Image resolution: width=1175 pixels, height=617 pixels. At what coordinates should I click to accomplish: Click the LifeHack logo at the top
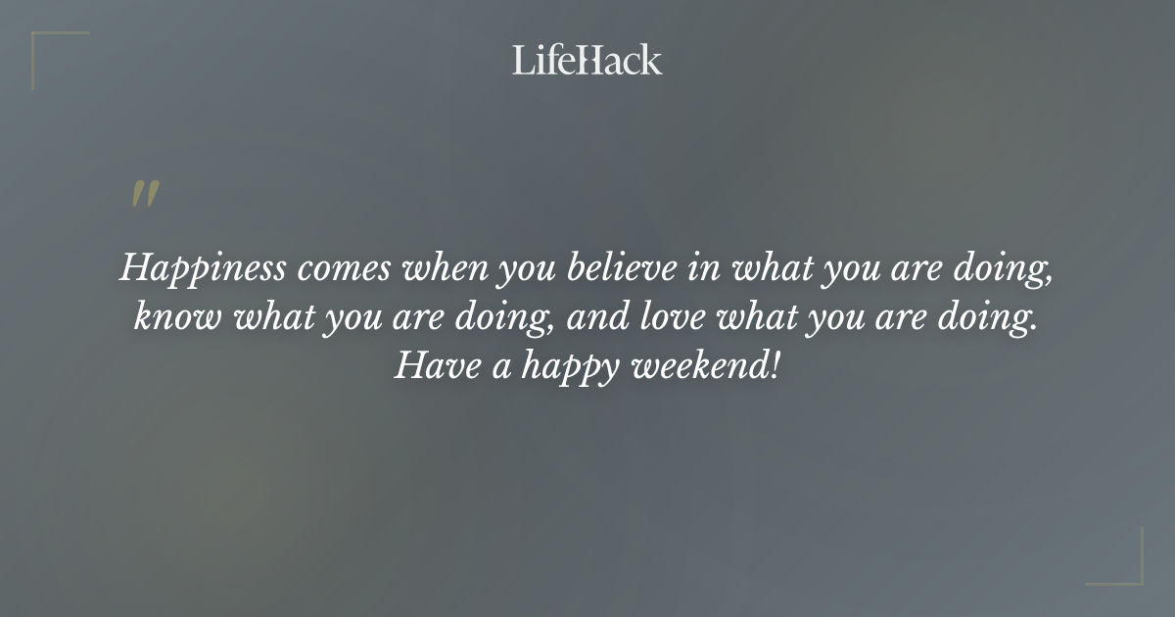point(587,60)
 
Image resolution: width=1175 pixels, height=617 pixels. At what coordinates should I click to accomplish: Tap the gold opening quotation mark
point(144,195)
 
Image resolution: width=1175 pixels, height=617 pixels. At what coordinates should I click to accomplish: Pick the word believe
point(616,267)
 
